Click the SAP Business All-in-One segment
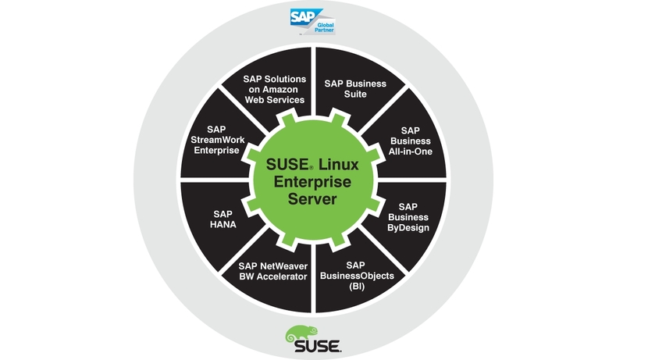(409, 141)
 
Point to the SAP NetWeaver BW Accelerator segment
(273, 271)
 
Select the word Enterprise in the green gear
(312, 182)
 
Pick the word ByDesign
(408, 227)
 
